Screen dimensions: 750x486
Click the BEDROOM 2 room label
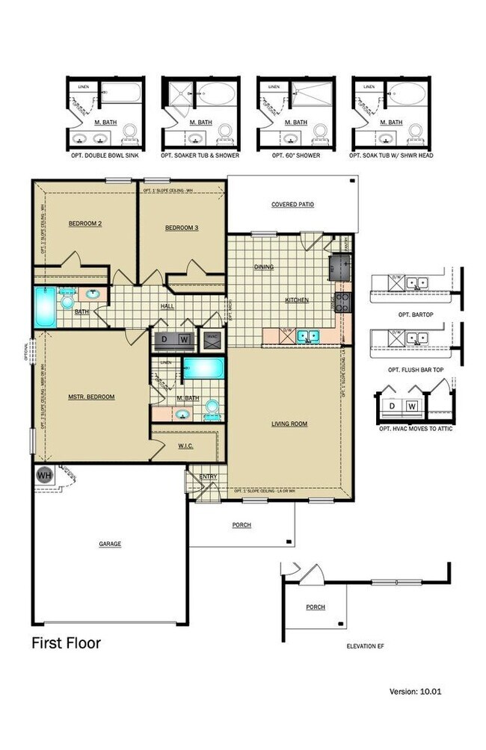[84, 223]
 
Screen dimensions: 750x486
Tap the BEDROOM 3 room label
[181, 227]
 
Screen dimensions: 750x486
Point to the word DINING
[263, 267]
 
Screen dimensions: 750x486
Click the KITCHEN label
[296, 300]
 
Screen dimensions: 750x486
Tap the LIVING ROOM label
[289, 424]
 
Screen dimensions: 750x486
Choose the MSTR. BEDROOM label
[91, 397]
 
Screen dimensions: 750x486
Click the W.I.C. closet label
[186, 447]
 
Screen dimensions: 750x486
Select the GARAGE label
[109, 544]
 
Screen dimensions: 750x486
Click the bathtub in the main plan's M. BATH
[203, 368]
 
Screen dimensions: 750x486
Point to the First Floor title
[66, 642]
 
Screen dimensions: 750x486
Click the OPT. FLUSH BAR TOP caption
[416, 370]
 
